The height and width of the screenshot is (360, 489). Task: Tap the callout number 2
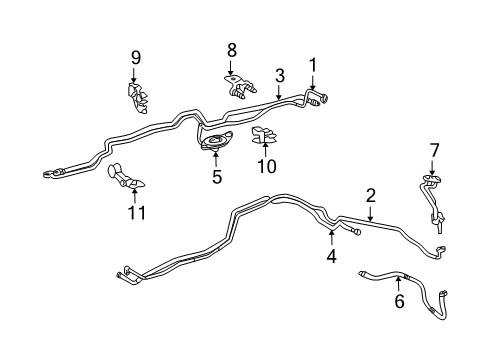370,196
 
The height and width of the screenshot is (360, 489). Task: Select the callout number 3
280,74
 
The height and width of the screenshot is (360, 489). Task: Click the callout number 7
433,149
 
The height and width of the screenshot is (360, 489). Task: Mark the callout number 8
231,49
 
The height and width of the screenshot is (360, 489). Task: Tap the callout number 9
135,57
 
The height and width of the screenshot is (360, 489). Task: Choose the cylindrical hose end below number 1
321,98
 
